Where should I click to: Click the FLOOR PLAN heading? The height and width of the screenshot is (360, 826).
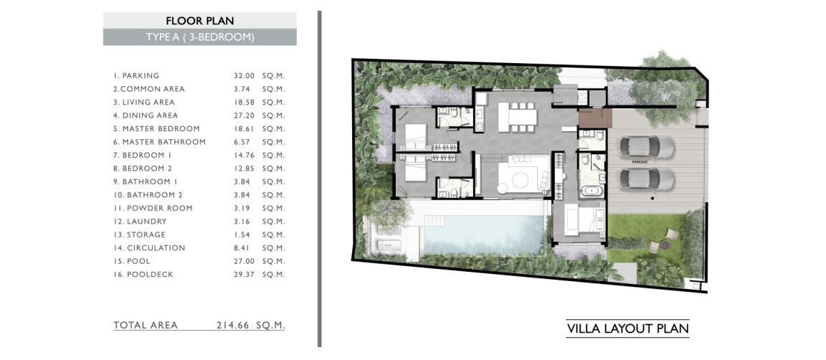pyautogui.click(x=199, y=21)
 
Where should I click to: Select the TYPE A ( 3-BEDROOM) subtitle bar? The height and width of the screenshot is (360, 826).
pyautogui.click(x=199, y=37)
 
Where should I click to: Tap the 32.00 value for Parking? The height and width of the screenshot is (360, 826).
pyautogui.click(x=244, y=76)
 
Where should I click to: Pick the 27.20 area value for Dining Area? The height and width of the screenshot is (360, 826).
pyautogui.click(x=244, y=115)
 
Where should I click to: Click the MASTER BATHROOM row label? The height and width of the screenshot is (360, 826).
pyautogui.click(x=159, y=142)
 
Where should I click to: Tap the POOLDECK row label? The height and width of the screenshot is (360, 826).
pyautogui.click(x=143, y=275)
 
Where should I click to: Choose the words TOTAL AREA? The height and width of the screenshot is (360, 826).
pyautogui.click(x=146, y=325)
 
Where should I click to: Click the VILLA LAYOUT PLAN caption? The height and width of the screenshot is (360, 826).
pyautogui.click(x=627, y=329)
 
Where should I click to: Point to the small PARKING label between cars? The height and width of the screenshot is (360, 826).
pyautogui.click(x=640, y=162)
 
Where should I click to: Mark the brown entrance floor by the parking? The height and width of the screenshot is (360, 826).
pyautogui.click(x=594, y=118)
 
